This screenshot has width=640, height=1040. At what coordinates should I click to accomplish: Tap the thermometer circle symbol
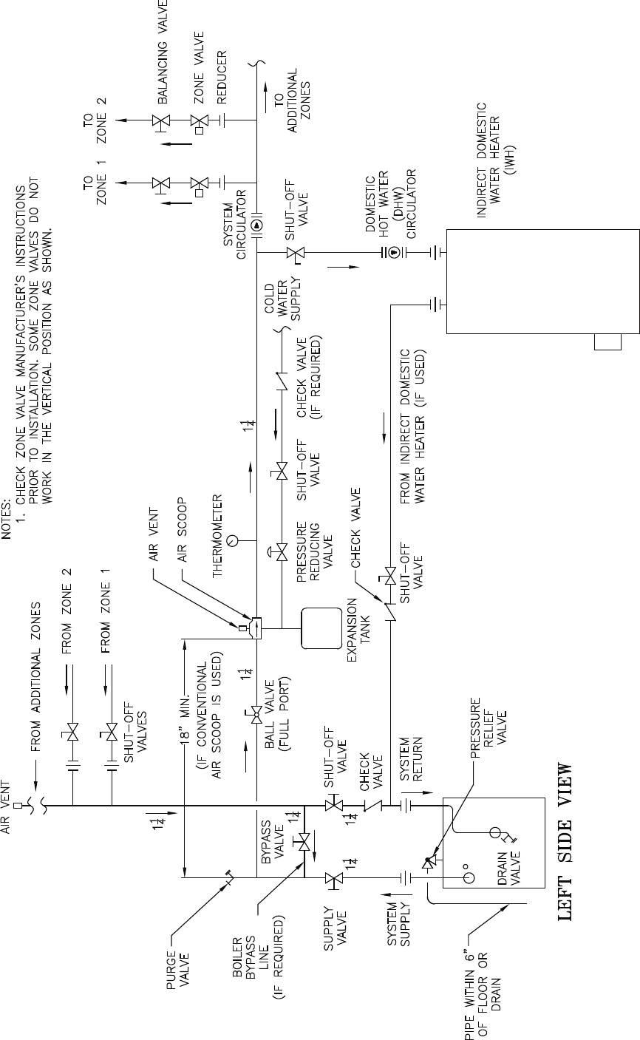pos(234,540)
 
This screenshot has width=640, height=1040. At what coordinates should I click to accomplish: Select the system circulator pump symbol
pos(256,225)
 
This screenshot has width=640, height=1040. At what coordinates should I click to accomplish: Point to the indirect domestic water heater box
pos(541,281)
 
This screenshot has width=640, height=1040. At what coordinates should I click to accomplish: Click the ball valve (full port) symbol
pos(256,714)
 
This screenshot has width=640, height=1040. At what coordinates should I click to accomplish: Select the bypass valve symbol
pos(304,842)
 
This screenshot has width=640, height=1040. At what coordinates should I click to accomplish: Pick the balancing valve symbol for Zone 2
pos(158,120)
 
